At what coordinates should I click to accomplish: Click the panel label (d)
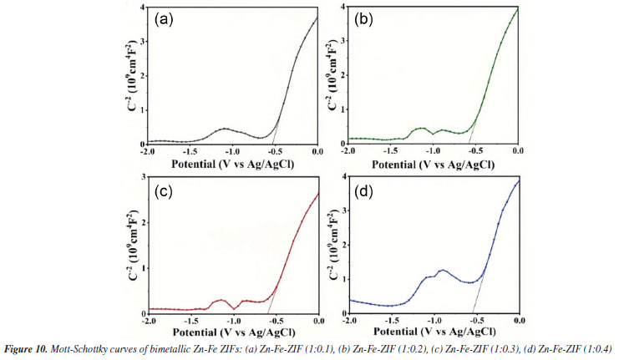tap(367, 191)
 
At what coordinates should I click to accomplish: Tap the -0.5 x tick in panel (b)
tap(474, 151)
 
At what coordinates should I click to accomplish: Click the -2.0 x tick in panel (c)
tap(149, 321)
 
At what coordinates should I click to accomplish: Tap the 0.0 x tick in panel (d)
tap(519, 321)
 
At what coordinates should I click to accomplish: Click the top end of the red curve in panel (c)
tap(318, 194)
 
